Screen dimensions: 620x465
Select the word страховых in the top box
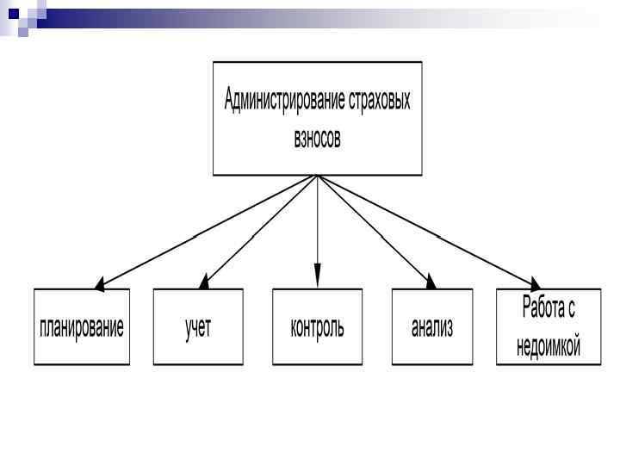pyautogui.click(x=381, y=101)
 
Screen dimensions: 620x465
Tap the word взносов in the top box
pyautogui.click(x=317, y=139)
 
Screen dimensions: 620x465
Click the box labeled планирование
pyautogui.click(x=82, y=326)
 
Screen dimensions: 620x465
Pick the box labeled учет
pyautogui.click(x=198, y=326)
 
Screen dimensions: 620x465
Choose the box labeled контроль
pyautogui.click(x=317, y=326)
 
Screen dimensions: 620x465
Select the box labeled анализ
pyautogui.click(x=432, y=326)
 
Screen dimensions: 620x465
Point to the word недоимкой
pyautogui.click(x=549, y=346)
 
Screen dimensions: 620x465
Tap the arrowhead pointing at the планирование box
pyautogui.click(x=101, y=283)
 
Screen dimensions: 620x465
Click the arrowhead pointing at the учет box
pyautogui.click(x=205, y=281)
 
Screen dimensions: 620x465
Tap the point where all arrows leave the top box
pyautogui.click(x=317, y=176)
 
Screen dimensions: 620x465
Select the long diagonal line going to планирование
pyautogui.click(x=207, y=230)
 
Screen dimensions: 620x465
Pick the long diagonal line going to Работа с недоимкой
pyautogui.click(x=426, y=230)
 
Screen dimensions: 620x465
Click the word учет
pyautogui.click(x=198, y=327)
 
